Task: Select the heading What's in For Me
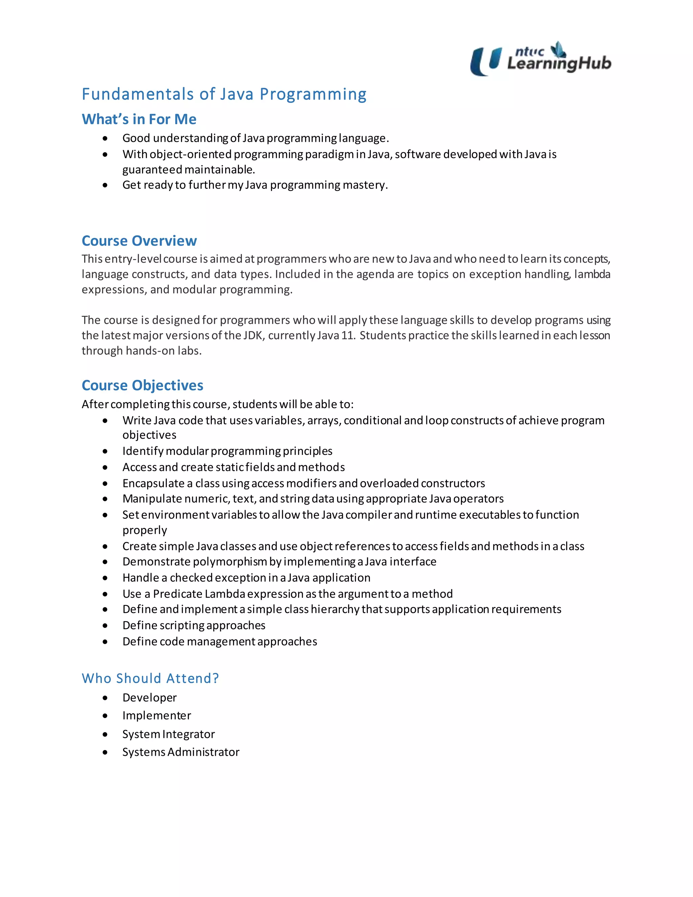point(139,119)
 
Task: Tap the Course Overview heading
point(139,241)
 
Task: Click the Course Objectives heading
point(142,385)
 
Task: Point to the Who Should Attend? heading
point(150,678)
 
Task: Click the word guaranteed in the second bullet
point(152,170)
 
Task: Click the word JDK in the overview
point(254,335)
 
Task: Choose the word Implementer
point(156,716)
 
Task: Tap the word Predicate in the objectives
point(177,594)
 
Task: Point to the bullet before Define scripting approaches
point(106,626)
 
